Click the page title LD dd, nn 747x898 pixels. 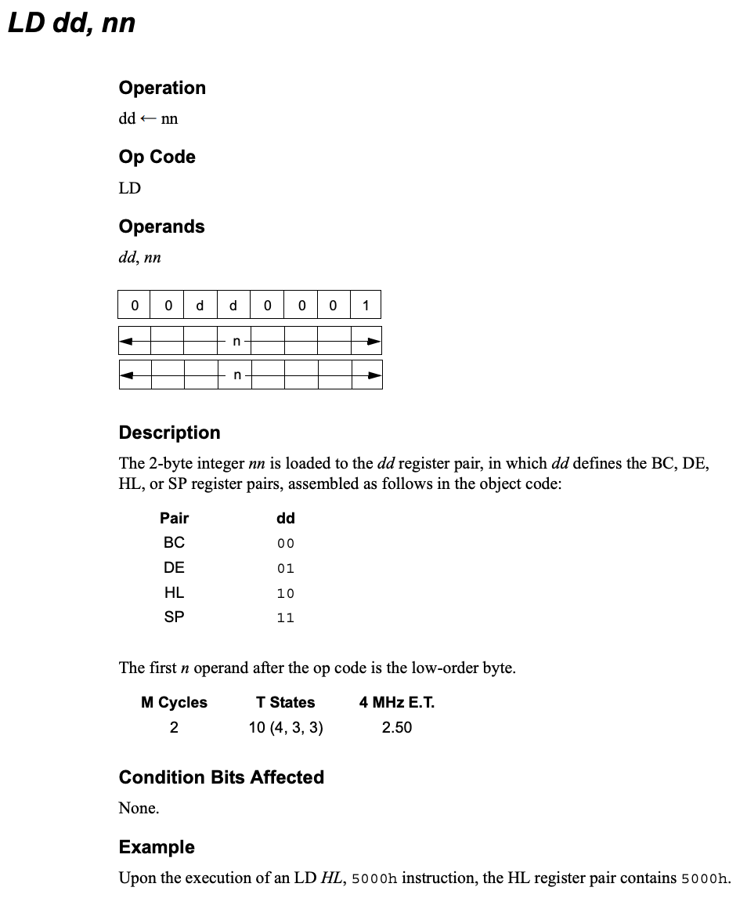[71, 23]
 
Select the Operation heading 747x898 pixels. [162, 88]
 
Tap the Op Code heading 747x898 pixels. [157, 157]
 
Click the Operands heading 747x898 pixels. [161, 226]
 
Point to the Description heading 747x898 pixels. [169, 433]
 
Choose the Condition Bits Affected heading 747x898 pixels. [221, 777]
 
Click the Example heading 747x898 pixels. [157, 847]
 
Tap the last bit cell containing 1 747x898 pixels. [365, 305]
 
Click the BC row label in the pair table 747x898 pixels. [174, 542]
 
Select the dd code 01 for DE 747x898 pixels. [285, 568]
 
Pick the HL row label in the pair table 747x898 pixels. [174, 592]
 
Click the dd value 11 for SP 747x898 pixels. [285, 618]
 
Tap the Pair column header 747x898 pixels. [174, 518]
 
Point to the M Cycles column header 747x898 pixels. [174, 702]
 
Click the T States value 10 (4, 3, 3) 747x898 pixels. [286, 727]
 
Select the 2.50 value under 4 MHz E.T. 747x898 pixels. [396, 727]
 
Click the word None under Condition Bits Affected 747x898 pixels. [139, 808]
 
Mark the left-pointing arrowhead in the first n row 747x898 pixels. [128, 341]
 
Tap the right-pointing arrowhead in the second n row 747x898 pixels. [373, 375]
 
